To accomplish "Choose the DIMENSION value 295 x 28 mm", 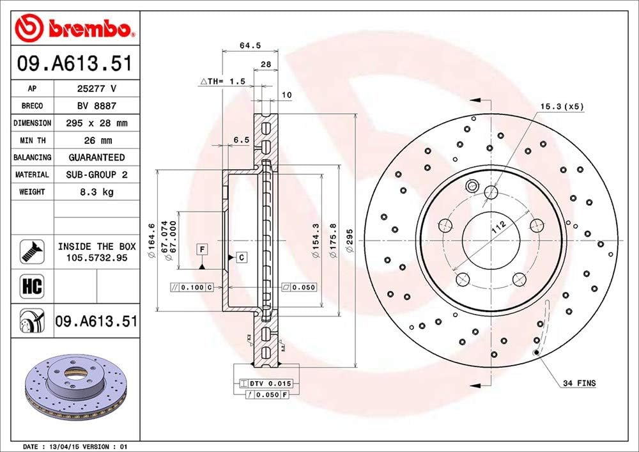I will [96, 123].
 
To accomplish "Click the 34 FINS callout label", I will [579, 384].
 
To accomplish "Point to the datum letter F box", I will [202, 248].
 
